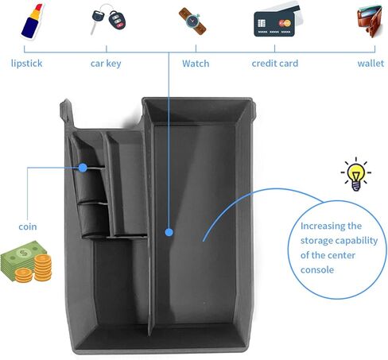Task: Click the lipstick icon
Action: coord(32,21)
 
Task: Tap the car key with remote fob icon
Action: coord(108,19)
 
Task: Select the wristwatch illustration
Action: coord(192,21)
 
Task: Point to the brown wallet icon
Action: coord(370,21)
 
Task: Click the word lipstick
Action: coord(26,64)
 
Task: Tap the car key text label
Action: coord(106,64)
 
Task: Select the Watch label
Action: coord(196,64)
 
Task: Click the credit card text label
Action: coord(275,64)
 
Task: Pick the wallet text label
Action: coord(371,64)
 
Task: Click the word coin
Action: coord(28,226)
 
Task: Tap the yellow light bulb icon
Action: coord(355,174)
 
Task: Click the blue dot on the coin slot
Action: coord(83,168)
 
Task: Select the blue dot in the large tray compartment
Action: coord(169,232)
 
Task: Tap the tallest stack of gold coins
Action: coord(43,267)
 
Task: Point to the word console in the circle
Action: coord(317,270)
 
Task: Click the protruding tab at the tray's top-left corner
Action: coord(65,110)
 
